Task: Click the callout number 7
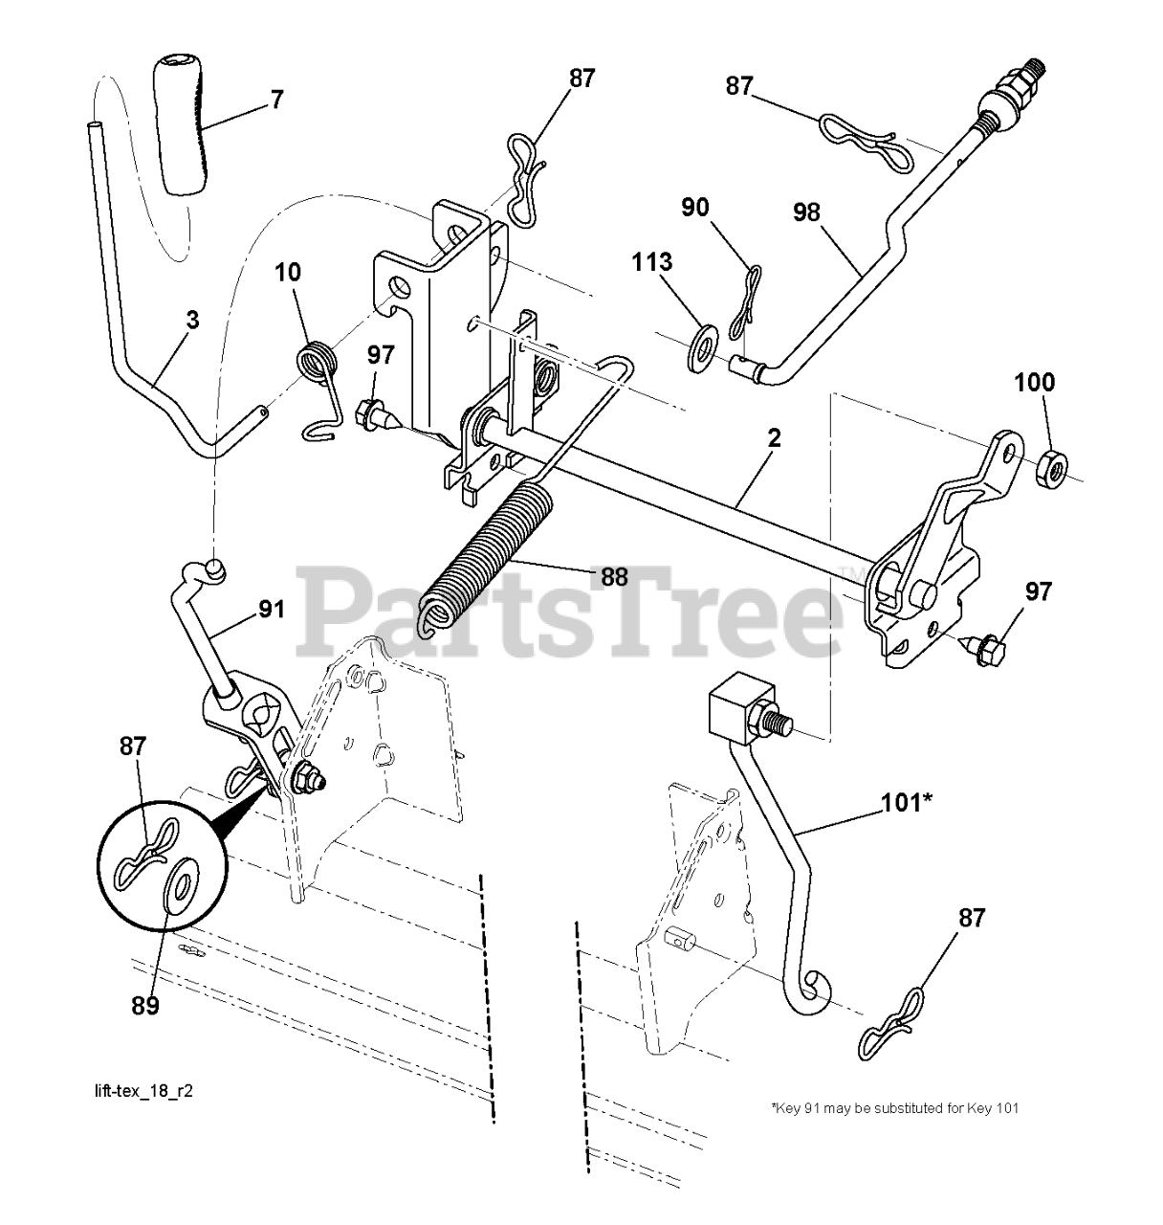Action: point(276,99)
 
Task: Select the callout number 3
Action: point(192,320)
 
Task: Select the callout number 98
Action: point(806,212)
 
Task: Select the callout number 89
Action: point(146,1005)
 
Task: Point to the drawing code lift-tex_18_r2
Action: point(143,1091)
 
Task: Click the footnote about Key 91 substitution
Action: point(894,1108)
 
